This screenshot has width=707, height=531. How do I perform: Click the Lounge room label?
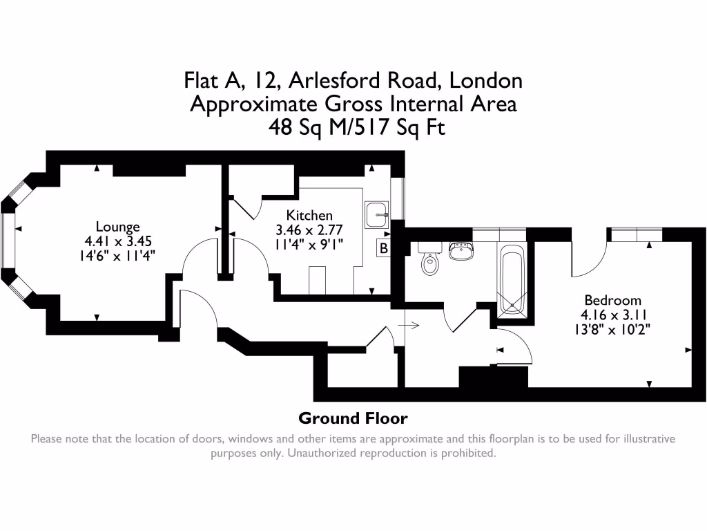click(117, 227)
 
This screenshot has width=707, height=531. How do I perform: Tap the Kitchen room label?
click(309, 215)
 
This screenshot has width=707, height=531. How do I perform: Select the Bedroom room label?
click(612, 300)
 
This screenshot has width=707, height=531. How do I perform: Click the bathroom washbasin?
click(461, 250)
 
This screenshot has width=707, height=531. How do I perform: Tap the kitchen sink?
click(376, 214)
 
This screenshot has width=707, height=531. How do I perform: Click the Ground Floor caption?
click(353, 418)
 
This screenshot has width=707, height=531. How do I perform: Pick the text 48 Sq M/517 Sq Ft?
click(353, 128)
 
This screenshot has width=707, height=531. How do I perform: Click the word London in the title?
click(485, 81)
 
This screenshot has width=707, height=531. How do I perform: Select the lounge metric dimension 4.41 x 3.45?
click(117, 241)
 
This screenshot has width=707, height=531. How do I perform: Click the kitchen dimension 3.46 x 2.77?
click(309, 229)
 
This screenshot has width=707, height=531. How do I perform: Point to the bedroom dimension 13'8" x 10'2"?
click(612, 329)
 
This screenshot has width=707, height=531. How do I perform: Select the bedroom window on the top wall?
click(634, 234)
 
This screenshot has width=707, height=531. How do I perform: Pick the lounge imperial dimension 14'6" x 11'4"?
click(117, 254)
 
